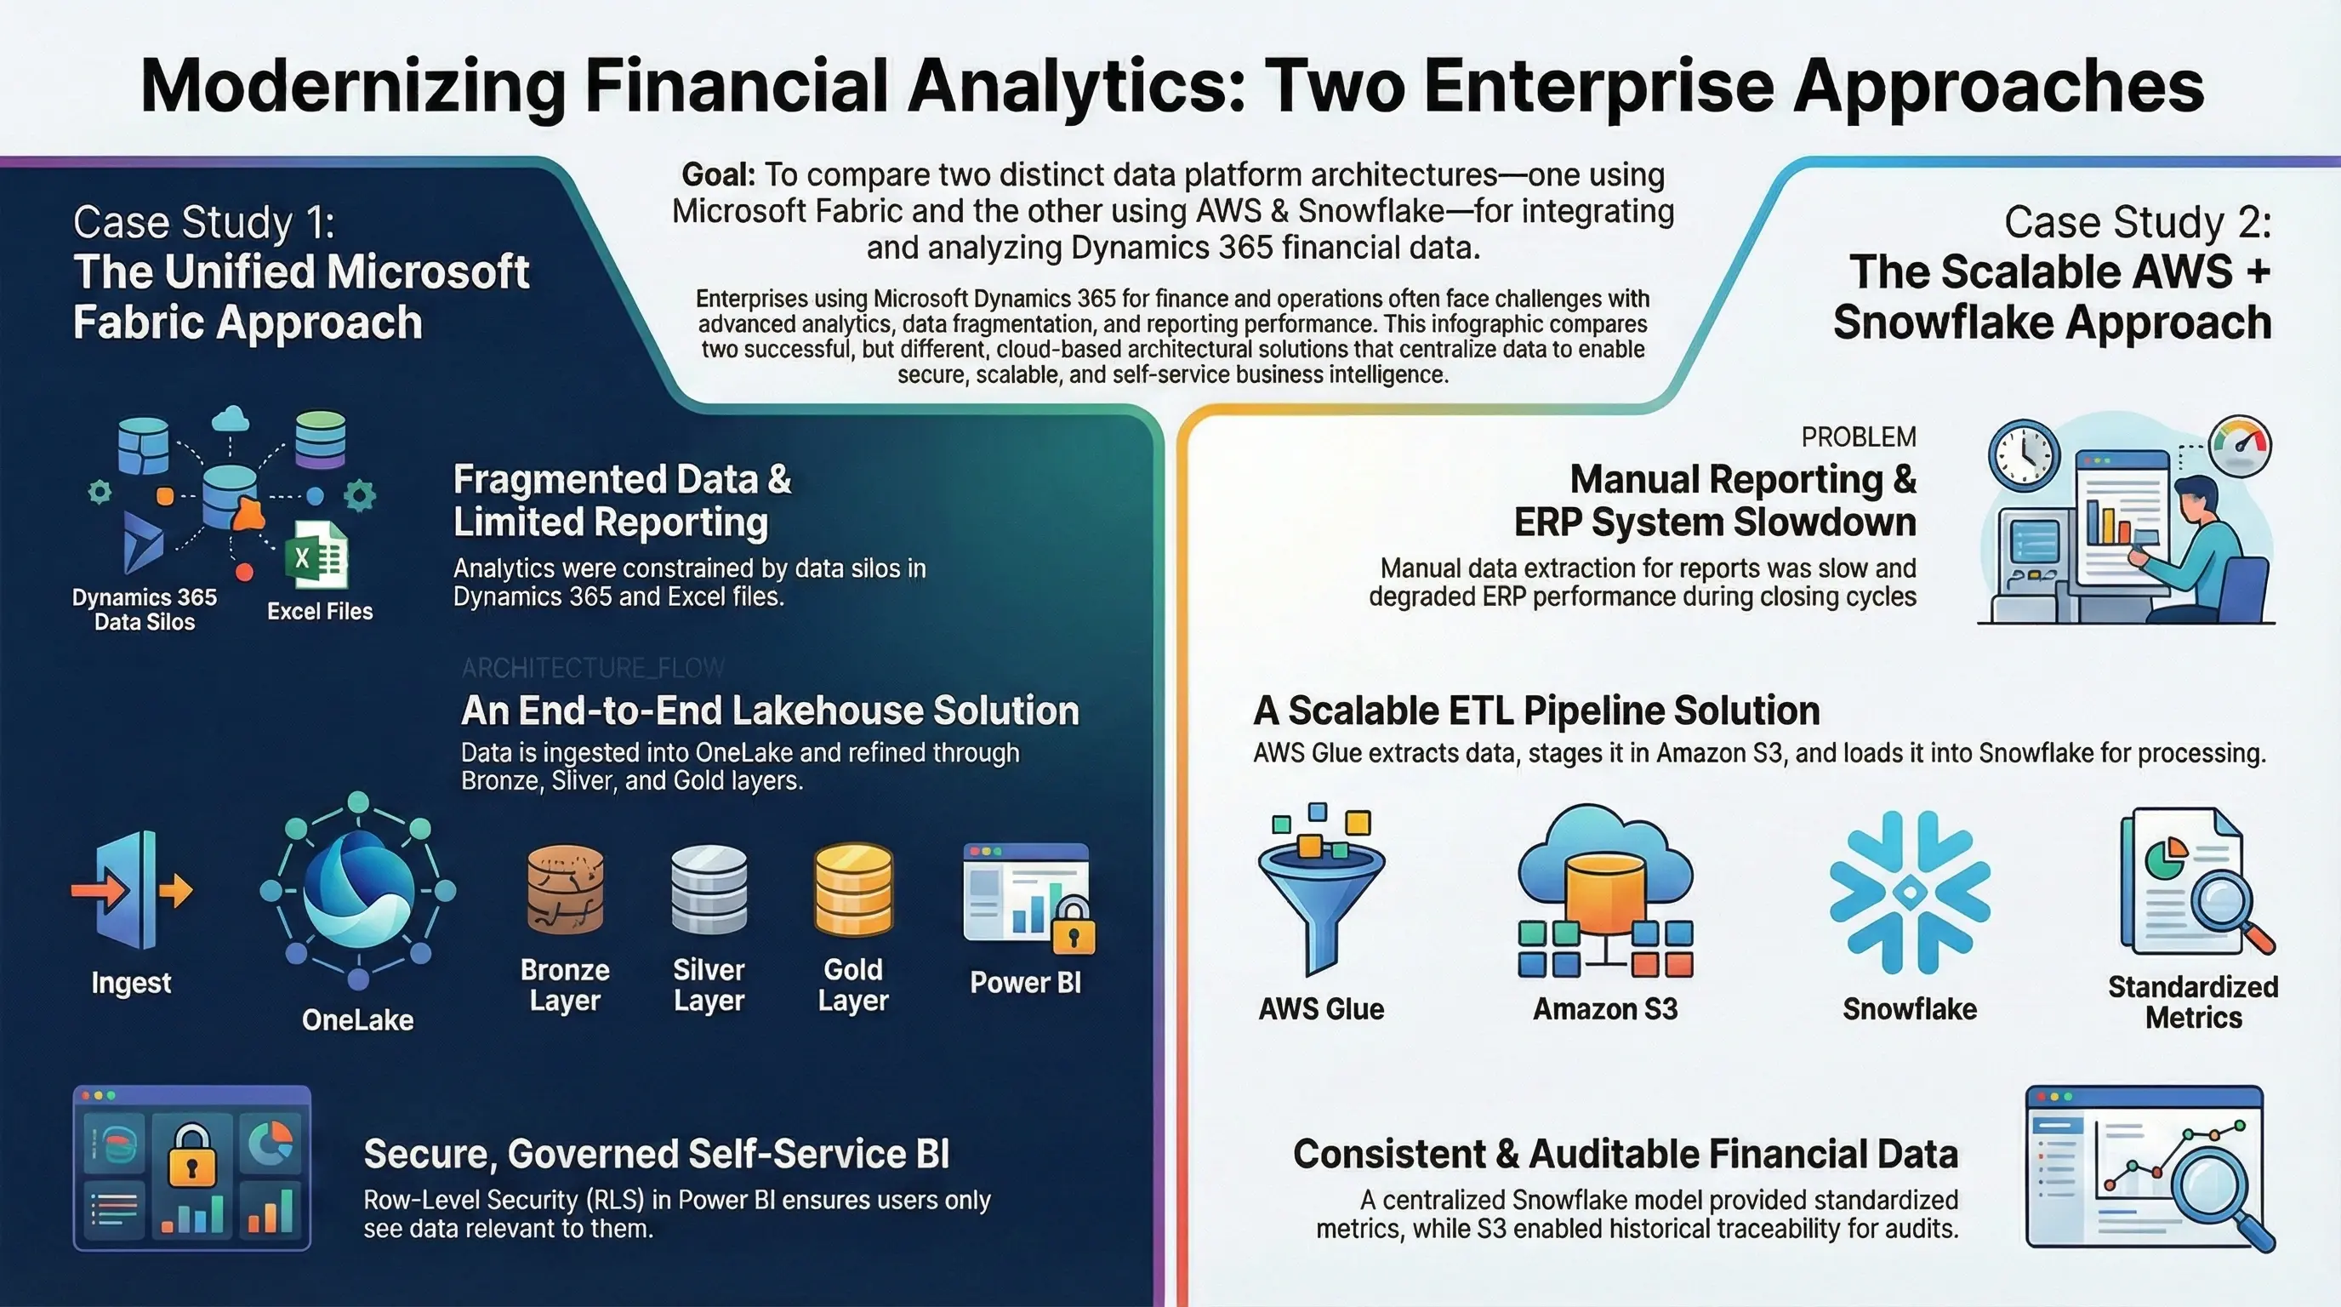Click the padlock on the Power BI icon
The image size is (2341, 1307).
(1074, 928)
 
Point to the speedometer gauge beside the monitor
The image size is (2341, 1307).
(2239, 445)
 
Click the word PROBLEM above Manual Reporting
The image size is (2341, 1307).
(1859, 437)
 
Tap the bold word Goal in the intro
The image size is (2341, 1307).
(718, 174)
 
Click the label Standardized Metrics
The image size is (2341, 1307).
(2193, 1002)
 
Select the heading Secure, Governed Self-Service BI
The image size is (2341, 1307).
(656, 1153)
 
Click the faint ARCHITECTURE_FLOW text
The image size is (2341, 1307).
(593, 669)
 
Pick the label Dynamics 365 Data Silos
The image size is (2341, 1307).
(145, 609)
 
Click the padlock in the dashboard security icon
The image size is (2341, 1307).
(191, 1155)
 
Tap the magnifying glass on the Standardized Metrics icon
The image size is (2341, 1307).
(2223, 905)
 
